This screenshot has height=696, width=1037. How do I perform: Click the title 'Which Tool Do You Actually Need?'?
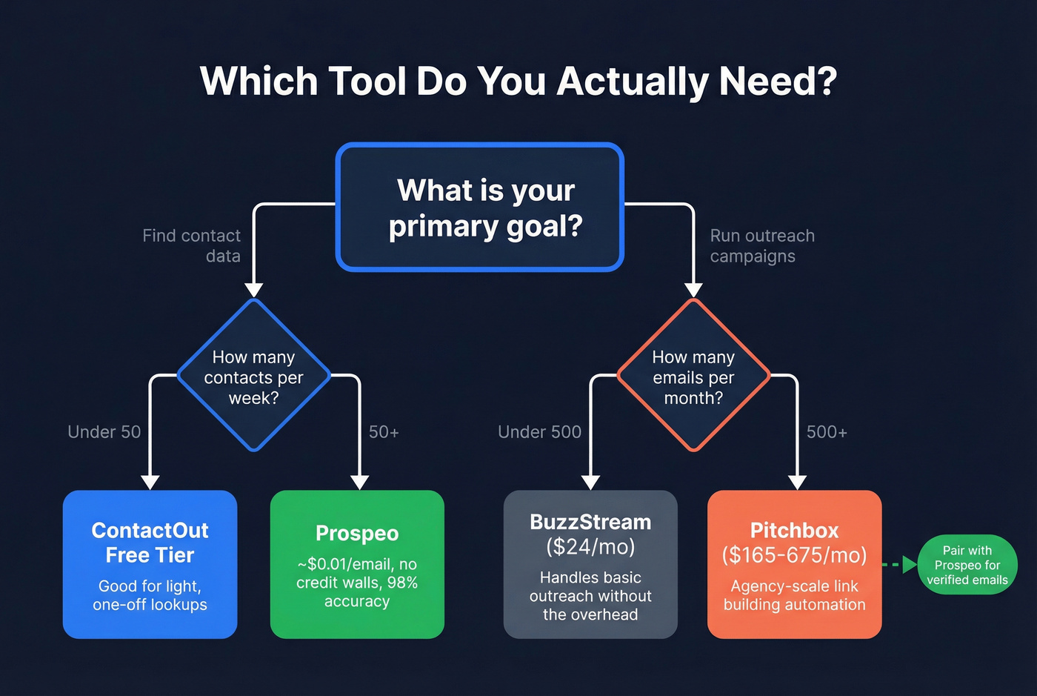(x=518, y=81)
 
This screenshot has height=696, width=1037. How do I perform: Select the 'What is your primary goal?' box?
(x=480, y=208)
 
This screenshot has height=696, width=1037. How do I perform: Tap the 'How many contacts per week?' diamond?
(x=253, y=376)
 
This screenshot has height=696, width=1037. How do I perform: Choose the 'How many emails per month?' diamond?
(x=693, y=376)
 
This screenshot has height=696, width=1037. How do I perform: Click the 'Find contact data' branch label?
(x=192, y=245)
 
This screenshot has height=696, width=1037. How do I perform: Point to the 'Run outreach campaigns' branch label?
(x=762, y=245)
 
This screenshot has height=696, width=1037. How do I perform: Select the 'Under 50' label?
(x=104, y=431)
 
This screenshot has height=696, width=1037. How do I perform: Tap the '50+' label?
(x=384, y=431)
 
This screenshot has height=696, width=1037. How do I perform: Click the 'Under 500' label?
(x=539, y=431)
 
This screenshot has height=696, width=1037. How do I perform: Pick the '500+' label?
(x=827, y=431)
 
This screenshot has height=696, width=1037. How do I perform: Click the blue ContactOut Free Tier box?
(x=150, y=564)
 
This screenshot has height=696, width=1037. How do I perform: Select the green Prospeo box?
(x=357, y=564)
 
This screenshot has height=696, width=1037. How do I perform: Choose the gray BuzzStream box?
(x=590, y=564)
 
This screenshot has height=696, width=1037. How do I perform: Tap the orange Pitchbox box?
(x=794, y=564)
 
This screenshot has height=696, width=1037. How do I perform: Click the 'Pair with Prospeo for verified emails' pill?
(x=967, y=565)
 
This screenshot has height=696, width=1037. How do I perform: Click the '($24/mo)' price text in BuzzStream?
(x=590, y=547)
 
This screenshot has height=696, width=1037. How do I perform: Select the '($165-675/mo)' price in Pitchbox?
(x=794, y=555)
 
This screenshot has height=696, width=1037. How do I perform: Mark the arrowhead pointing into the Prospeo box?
(x=359, y=483)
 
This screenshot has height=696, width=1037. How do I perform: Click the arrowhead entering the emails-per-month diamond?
(x=693, y=290)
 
